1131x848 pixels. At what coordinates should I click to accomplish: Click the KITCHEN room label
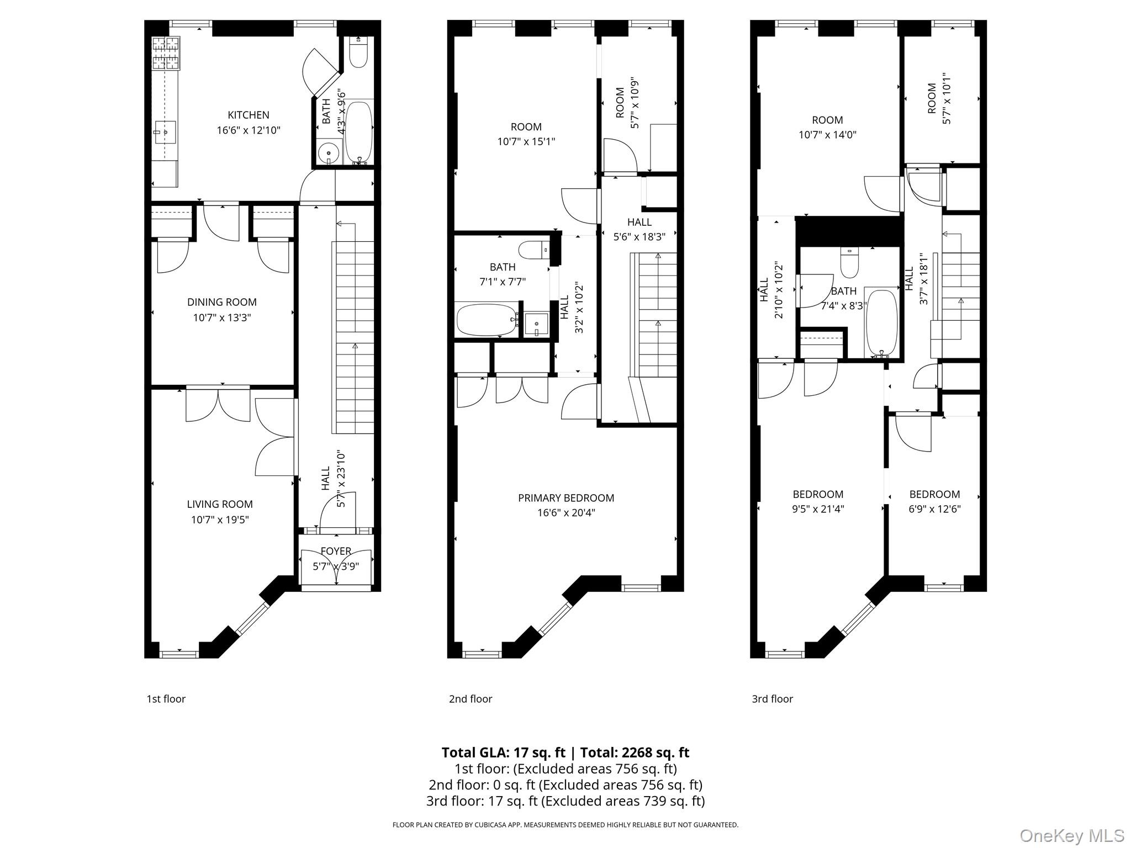click(249, 115)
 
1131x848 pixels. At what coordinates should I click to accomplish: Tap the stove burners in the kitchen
click(166, 53)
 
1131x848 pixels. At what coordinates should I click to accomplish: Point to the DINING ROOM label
click(221, 302)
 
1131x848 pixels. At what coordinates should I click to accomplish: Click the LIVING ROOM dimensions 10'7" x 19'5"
click(220, 520)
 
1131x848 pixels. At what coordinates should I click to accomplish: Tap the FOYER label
click(336, 551)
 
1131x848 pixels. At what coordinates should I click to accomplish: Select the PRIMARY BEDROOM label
click(566, 498)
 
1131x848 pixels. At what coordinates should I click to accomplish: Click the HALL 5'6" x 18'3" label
click(640, 229)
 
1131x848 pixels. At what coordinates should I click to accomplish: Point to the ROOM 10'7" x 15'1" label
click(526, 134)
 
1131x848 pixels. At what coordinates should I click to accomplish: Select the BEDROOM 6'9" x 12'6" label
click(935, 501)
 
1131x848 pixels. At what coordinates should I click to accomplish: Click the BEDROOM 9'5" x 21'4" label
click(818, 501)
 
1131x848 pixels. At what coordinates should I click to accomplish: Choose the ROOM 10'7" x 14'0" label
click(828, 127)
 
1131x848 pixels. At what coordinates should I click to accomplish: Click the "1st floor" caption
click(166, 699)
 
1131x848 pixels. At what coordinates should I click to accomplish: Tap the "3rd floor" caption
click(772, 699)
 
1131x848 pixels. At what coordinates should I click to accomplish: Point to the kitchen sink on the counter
click(165, 132)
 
